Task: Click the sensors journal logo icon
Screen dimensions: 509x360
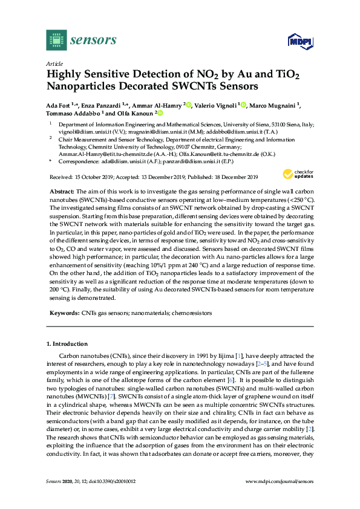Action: click(56, 41)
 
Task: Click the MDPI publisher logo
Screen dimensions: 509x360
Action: click(294, 41)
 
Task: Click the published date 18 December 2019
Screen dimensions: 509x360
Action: click(232, 177)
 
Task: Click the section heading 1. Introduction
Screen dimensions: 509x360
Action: click(67, 343)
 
